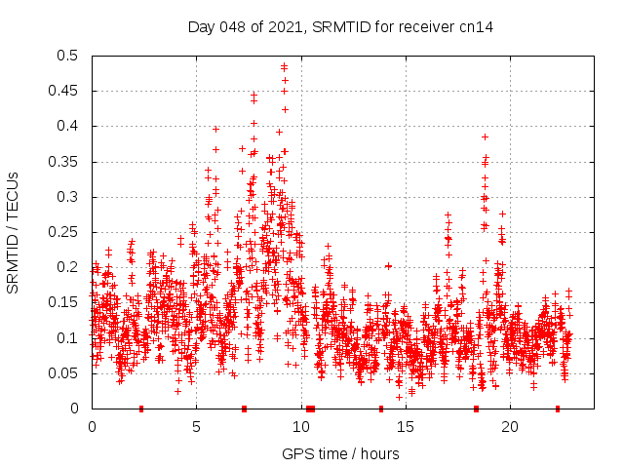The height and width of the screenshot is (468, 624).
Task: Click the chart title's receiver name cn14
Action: pos(477,27)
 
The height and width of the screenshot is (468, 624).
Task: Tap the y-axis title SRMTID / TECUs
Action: pos(13,232)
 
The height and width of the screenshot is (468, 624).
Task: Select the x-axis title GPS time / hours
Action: pos(340,453)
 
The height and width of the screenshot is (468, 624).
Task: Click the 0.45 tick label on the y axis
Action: pos(66,91)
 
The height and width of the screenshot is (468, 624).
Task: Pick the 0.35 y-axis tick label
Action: pos(66,162)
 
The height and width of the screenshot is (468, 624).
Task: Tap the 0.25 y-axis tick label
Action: pos(66,232)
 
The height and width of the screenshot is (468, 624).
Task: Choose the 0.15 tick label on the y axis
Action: pos(66,302)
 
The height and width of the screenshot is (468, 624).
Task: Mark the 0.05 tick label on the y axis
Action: pos(66,373)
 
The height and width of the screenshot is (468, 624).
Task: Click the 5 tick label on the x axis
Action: pos(196,427)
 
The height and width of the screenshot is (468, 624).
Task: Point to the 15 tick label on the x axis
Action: pos(405,427)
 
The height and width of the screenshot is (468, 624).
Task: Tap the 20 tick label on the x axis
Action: pos(510,427)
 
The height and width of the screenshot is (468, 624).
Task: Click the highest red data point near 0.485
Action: pos(284,66)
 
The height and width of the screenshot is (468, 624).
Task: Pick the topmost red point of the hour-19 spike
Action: pos(485,137)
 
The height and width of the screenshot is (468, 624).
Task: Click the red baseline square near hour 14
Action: pos(381,409)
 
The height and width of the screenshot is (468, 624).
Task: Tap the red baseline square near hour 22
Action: pos(558,409)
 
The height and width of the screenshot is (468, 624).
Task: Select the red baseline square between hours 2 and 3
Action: pos(141,409)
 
